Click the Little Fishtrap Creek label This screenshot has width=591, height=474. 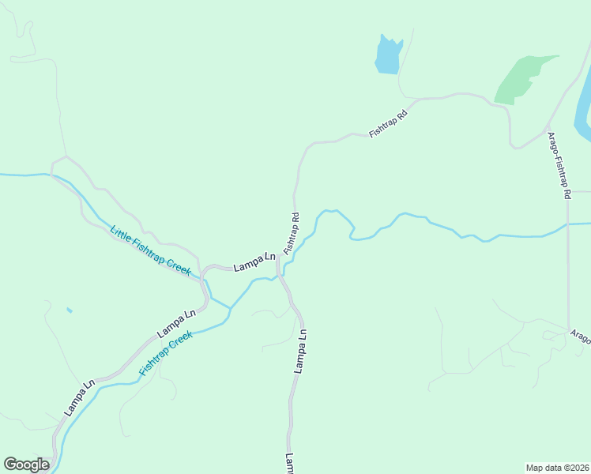150,251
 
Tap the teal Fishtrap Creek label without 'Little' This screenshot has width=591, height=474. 166,353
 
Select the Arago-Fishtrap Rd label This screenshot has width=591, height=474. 559,164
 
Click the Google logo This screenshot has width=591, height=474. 26,465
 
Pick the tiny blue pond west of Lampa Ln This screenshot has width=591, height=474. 69,310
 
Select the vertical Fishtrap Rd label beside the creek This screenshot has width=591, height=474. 292,232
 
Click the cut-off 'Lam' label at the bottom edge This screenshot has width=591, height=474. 290,463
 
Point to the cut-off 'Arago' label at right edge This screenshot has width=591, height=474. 581,337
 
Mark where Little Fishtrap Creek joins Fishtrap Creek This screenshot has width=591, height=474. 231,308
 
